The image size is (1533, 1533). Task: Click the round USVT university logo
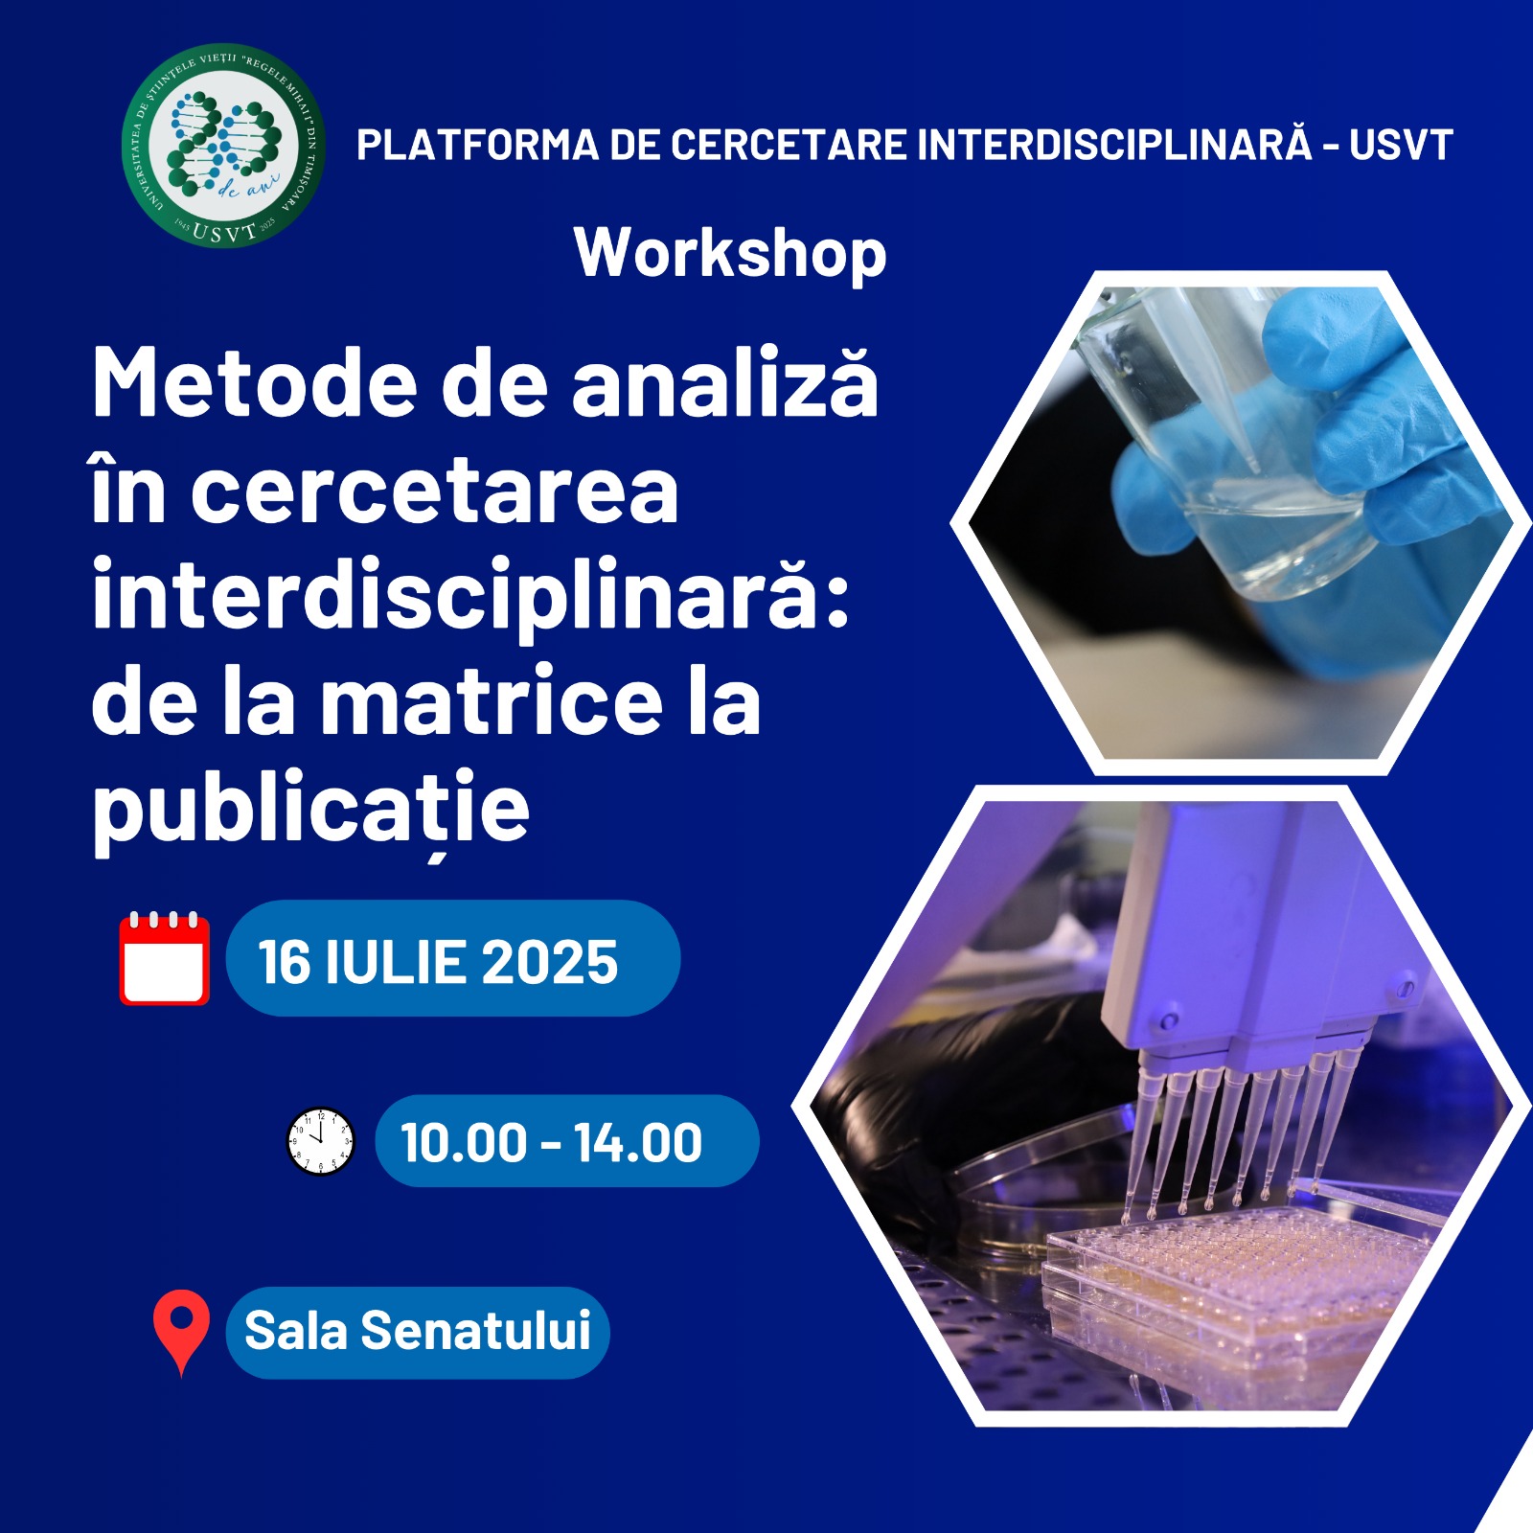coord(223,146)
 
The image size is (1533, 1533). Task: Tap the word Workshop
coord(730,254)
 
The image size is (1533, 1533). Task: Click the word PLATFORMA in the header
coord(478,146)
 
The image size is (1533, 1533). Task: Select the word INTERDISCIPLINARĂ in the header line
coord(1114,144)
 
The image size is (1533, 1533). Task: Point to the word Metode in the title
coord(255,383)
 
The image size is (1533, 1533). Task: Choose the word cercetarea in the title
coord(435,491)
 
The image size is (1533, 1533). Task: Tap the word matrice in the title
coord(492,702)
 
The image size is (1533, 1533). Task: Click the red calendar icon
coord(165,958)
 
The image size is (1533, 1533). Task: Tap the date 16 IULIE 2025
coord(438,962)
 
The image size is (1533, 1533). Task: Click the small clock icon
coord(321,1142)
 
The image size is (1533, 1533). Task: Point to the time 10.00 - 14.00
coord(551,1142)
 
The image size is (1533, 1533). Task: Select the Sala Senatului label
coord(418,1331)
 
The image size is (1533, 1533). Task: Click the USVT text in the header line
coord(1402,146)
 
